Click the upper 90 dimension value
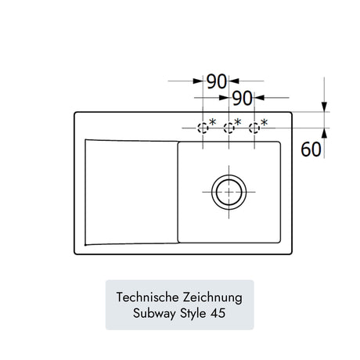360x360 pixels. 217,81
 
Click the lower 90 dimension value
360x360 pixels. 243,99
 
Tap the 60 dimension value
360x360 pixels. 311,149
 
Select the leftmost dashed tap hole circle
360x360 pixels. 203,128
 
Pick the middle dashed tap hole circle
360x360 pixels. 229,128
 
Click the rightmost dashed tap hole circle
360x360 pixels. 254,128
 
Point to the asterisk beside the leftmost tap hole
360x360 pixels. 213,122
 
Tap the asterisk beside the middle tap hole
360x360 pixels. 238,122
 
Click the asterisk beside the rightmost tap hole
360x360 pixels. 265,122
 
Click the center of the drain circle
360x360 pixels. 229,192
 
